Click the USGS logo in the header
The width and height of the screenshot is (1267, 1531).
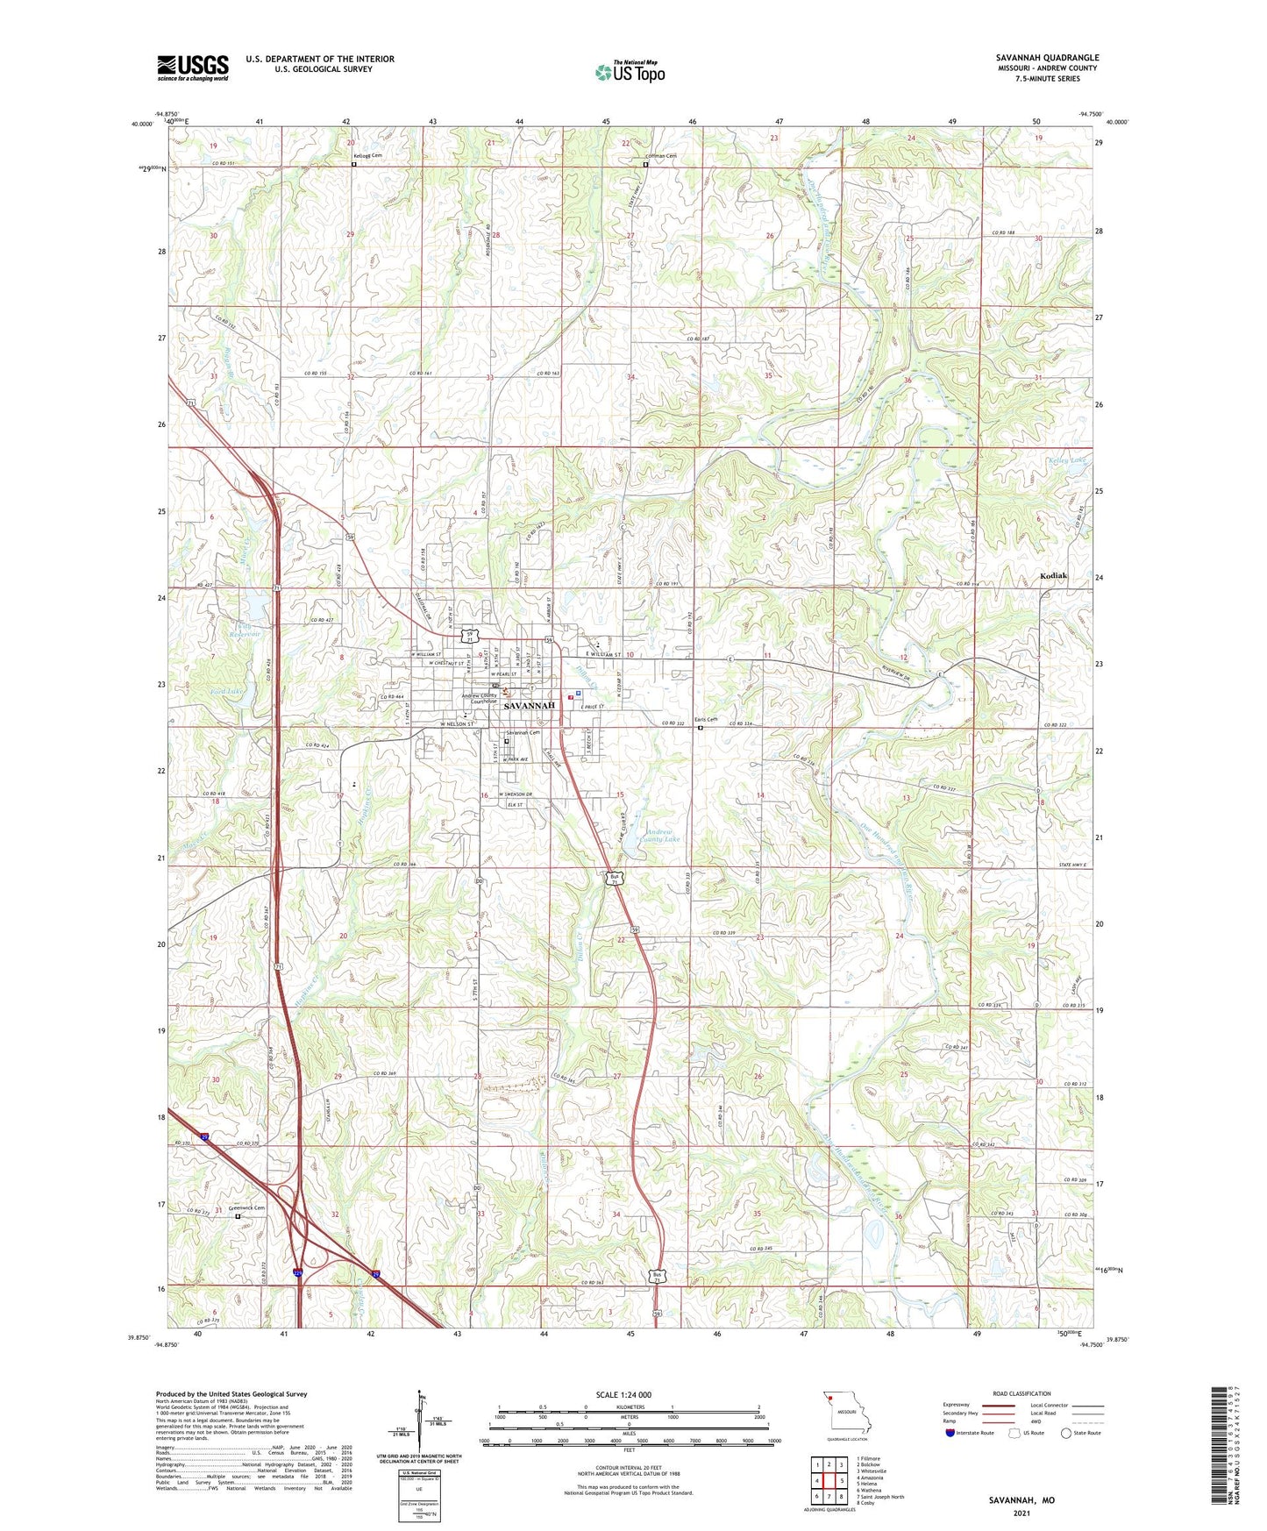click(192, 68)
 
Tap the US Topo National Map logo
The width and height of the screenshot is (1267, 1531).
click(630, 72)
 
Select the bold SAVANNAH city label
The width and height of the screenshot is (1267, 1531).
click(530, 705)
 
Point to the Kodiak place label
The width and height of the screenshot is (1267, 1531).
click(1053, 576)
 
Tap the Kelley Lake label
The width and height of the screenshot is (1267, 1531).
click(1067, 460)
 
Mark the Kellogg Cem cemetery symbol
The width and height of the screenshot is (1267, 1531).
click(354, 163)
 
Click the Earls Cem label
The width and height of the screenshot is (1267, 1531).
click(706, 720)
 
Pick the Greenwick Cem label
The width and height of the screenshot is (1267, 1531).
click(246, 1207)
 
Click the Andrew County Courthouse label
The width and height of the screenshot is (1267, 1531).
click(479, 698)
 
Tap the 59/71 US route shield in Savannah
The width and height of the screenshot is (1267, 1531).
click(473, 636)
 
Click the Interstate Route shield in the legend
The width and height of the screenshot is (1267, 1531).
click(950, 1433)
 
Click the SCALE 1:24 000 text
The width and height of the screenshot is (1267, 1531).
click(623, 1395)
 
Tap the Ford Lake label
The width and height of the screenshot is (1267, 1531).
click(227, 692)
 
